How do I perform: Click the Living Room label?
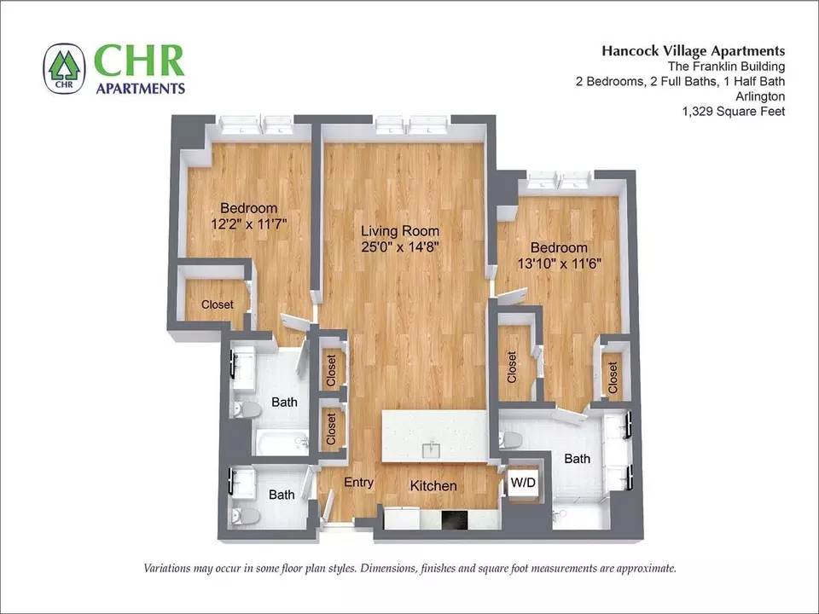[400, 231]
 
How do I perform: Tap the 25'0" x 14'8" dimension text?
[400, 246]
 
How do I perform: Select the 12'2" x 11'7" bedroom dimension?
[249, 224]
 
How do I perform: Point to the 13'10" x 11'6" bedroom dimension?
[560, 264]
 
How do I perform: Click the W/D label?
[523, 483]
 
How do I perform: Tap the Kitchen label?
[433, 486]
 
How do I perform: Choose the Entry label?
[359, 483]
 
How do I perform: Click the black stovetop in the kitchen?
[456, 520]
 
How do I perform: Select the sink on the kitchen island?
[432, 449]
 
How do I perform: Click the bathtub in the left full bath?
[282, 443]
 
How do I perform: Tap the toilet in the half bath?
[246, 517]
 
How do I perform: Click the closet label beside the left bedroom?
[218, 304]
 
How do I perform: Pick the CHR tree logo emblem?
[64, 68]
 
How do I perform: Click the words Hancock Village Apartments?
[693, 50]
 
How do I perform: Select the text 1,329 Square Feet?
[734, 111]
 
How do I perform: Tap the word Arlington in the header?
[760, 96]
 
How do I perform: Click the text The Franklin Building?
[726, 67]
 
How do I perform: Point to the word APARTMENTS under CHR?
[141, 88]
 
